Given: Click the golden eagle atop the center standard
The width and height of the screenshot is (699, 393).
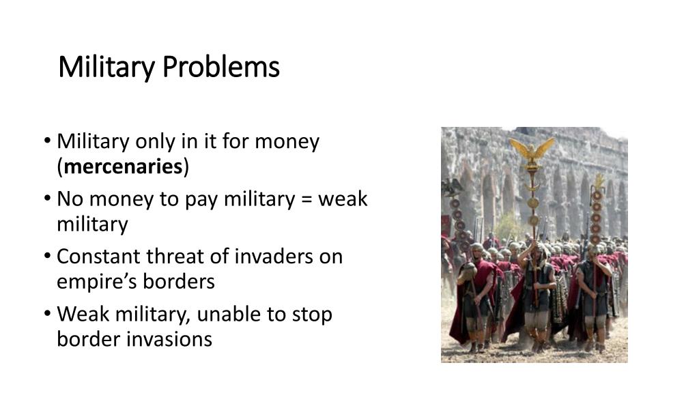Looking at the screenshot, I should click(532, 149).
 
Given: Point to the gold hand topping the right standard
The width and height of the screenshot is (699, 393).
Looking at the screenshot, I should click(599, 181).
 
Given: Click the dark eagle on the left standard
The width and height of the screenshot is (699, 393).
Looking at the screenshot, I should click(452, 186).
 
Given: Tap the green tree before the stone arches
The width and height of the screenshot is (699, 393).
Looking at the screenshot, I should click(507, 225).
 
